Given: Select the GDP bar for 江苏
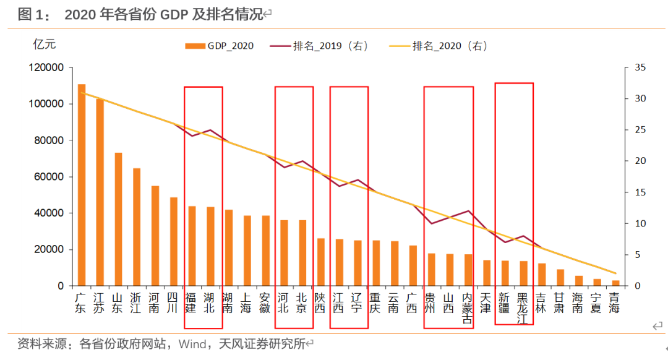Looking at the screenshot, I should (x=100, y=192).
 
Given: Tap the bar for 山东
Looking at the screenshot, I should (x=118, y=219).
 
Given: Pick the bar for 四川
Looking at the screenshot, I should (x=174, y=241).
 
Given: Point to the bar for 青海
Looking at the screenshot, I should (x=615, y=283).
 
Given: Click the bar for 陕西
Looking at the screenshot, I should (x=321, y=262).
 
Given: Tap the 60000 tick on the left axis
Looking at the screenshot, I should (x=49, y=177).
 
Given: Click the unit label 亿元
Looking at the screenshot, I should (x=45, y=44).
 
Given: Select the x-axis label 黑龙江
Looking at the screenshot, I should (x=523, y=308).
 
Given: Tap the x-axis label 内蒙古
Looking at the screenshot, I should (x=468, y=308).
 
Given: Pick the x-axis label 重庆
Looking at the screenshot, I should (x=375, y=302).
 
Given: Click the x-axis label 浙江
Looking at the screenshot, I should (x=137, y=302).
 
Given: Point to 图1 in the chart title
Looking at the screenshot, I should (x=30, y=14).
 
